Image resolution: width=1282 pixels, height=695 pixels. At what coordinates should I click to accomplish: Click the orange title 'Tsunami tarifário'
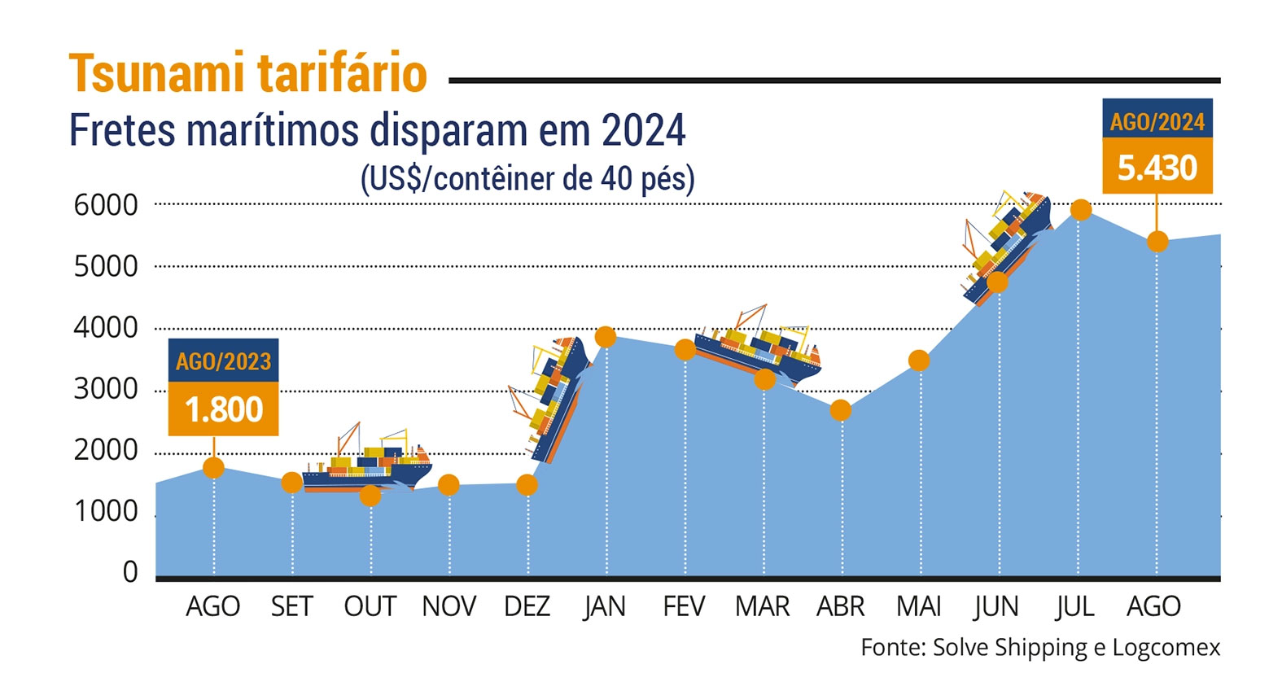pos(247,73)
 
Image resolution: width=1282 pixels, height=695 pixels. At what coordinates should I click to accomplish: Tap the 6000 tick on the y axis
pos(106,205)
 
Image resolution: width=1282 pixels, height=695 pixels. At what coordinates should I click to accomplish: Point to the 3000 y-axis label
pos(106,389)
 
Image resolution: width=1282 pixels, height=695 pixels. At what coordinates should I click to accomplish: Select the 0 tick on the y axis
pos(130,572)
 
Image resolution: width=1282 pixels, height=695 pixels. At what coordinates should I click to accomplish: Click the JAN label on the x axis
pos(605,606)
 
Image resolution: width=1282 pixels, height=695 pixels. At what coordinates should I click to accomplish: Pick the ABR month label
pos(840,606)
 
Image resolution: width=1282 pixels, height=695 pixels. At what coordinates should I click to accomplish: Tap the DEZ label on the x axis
pos(527,606)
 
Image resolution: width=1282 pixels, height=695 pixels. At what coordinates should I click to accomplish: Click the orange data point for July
pos(1080,210)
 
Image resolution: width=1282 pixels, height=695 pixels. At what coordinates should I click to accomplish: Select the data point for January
pos(605,336)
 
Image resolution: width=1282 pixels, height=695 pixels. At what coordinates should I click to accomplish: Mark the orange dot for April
pos(841,410)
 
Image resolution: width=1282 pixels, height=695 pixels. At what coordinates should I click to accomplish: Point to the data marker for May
pos(919,361)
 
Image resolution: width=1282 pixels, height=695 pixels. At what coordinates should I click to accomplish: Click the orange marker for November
pos(448,485)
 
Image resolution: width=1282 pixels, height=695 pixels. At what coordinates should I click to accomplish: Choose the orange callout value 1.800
pos(224,409)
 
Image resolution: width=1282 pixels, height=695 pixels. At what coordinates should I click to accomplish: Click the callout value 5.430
pos(1157,168)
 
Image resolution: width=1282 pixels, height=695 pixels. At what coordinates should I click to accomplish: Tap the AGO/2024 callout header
pos(1157,121)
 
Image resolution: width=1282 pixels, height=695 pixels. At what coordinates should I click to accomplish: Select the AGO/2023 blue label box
pos(224,361)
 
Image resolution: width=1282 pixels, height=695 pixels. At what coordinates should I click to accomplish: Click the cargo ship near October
pos(366,464)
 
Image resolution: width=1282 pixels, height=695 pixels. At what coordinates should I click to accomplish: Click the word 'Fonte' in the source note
pos(890,647)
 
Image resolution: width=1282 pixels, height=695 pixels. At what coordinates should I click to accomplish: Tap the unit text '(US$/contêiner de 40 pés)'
pos(527,179)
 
